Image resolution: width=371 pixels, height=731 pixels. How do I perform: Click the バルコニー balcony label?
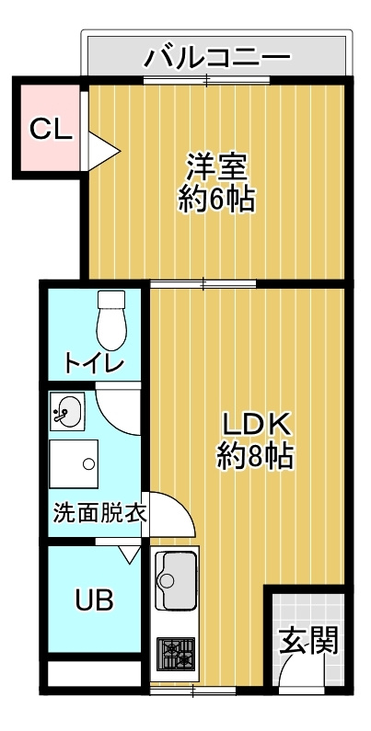pyautogui.click(x=217, y=57)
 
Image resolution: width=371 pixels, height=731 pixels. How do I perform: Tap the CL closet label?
pyautogui.click(x=50, y=129)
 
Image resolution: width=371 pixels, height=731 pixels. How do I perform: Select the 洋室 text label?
pyautogui.click(x=216, y=168)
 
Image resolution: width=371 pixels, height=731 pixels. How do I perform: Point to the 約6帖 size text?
pyautogui.click(x=216, y=199)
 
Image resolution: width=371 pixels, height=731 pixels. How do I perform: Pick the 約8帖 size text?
pyautogui.click(x=255, y=455)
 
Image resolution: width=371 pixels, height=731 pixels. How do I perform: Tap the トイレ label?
pyautogui.click(x=94, y=363)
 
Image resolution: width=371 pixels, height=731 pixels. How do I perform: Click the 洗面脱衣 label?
pyautogui.click(x=99, y=513)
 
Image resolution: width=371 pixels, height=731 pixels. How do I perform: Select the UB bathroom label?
pyautogui.click(x=94, y=600)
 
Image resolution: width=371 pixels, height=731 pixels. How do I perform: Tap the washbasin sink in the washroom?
pyautogui.click(x=67, y=411)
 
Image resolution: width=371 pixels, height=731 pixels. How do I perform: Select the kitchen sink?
pyautogui.click(x=175, y=579)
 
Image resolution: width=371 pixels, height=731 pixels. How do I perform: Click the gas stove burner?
pyautogui.click(x=174, y=653)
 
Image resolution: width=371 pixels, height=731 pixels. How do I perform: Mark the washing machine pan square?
pyautogui.click(x=74, y=464)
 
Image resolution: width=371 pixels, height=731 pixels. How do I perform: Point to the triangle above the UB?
pyautogui.click(x=130, y=554)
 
